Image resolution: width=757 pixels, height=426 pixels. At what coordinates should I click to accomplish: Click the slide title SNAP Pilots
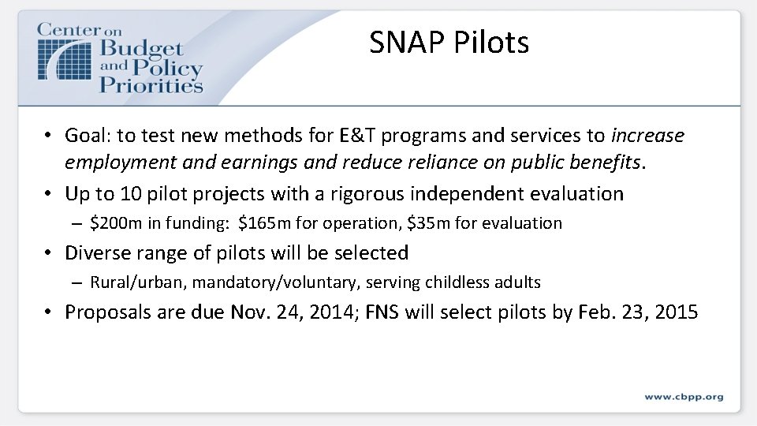click(449, 43)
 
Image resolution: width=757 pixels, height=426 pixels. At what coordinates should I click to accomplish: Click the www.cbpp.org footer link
click(683, 396)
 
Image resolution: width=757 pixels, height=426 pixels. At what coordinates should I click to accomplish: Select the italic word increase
click(647, 136)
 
